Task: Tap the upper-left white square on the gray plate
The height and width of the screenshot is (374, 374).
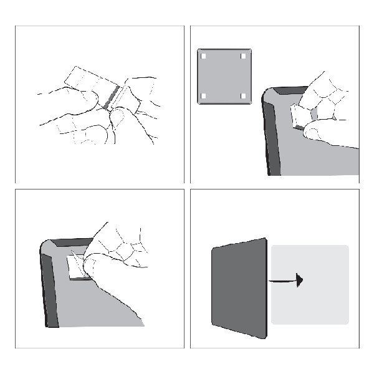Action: coord(204,55)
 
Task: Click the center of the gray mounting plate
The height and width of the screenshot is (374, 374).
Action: coord(224,75)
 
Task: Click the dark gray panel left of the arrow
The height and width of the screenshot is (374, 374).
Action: coord(239,287)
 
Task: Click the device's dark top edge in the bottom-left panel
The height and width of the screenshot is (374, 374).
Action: coord(69,242)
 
